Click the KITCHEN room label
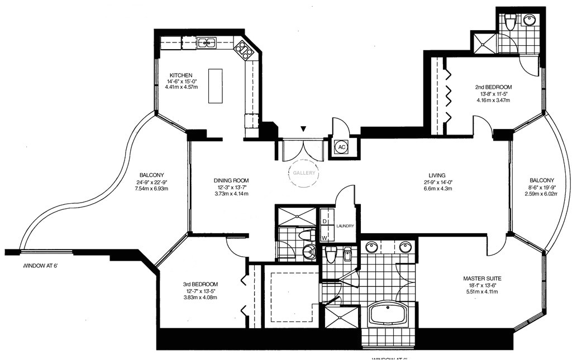click(x=181, y=75)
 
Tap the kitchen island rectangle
click(x=215, y=85)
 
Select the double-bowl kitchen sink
click(x=207, y=42)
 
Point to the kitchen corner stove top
click(x=244, y=50)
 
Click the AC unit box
click(x=340, y=147)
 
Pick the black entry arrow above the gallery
click(x=303, y=129)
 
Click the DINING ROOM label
click(x=231, y=180)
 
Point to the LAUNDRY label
click(x=345, y=225)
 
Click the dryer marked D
click(x=324, y=222)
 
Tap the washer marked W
click(x=324, y=238)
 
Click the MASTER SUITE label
click(x=482, y=278)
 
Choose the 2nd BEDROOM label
click(x=493, y=87)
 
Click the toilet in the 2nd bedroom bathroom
click(x=509, y=23)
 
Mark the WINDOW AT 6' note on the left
click(x=41, y=266)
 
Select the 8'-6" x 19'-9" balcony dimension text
click(x=542, y=187)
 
